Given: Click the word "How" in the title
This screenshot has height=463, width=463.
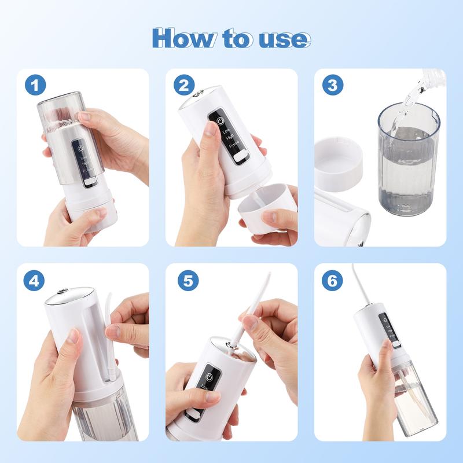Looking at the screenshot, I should tap(183, 38).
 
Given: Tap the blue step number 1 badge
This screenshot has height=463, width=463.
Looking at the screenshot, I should tap(35, 86).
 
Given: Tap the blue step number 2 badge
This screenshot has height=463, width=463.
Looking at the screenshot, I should tap(183, 86).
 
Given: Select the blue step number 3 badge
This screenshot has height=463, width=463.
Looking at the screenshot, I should tap(332, 86).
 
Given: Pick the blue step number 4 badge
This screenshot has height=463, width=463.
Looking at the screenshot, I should tap(35, 281).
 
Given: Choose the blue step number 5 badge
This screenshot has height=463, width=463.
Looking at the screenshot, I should tap(183, 281).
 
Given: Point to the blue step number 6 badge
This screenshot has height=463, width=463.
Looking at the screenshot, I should tap(332, 281).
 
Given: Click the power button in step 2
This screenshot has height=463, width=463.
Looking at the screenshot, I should tap(220, 120).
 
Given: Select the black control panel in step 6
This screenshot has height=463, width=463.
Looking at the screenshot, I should tap(383, 330).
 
